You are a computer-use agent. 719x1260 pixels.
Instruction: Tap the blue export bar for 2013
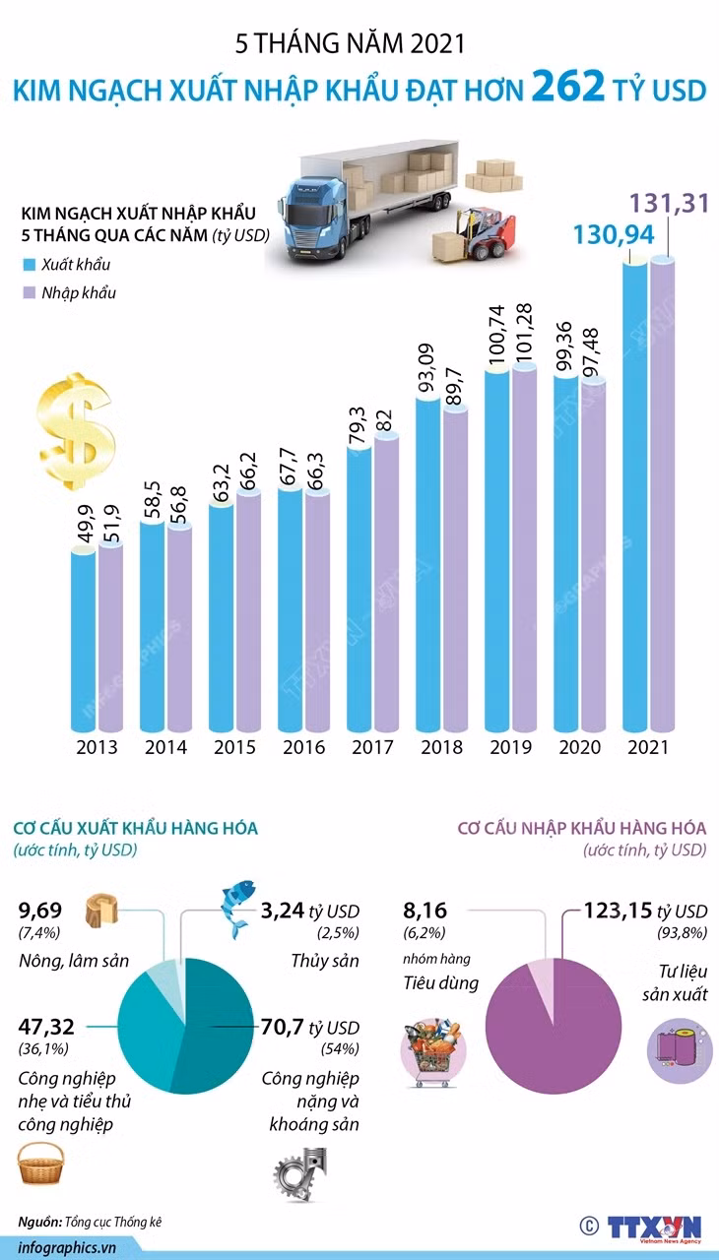click(x=83, y=639)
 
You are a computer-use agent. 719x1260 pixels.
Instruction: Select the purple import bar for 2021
click(x=662, y=493)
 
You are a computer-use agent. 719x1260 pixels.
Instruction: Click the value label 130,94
click(x=614, y=234)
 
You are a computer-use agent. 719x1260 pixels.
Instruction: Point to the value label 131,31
click(x=669, y=203)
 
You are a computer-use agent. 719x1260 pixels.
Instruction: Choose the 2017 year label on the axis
click(x=372, y=747)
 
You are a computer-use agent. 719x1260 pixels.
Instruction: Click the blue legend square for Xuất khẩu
click(x=29, y=265)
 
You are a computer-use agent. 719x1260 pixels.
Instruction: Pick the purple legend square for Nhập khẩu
click(x=29, y=292)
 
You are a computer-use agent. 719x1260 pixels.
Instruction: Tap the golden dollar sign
click(x=76, y=431)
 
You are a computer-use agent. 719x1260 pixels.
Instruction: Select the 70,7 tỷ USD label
click(x=310, y=1027)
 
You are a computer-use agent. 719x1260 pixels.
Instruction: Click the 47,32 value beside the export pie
click(x=46, y=1027)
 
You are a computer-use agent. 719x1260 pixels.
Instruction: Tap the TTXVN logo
click(x=654, y=1228)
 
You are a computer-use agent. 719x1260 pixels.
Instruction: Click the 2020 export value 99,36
click(x=563, y=346)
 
